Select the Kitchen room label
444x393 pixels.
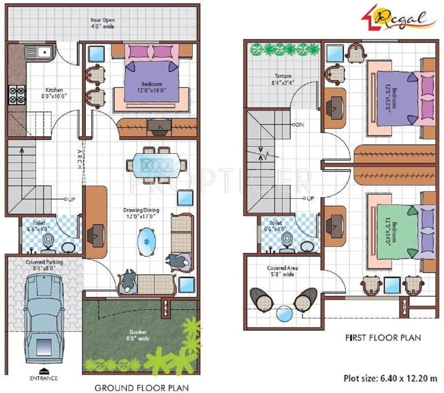54,92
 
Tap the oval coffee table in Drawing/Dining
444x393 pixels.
147,241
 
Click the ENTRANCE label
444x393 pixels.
44,379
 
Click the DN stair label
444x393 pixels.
300,125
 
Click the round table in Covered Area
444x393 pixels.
283,313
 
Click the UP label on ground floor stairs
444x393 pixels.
71,199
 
